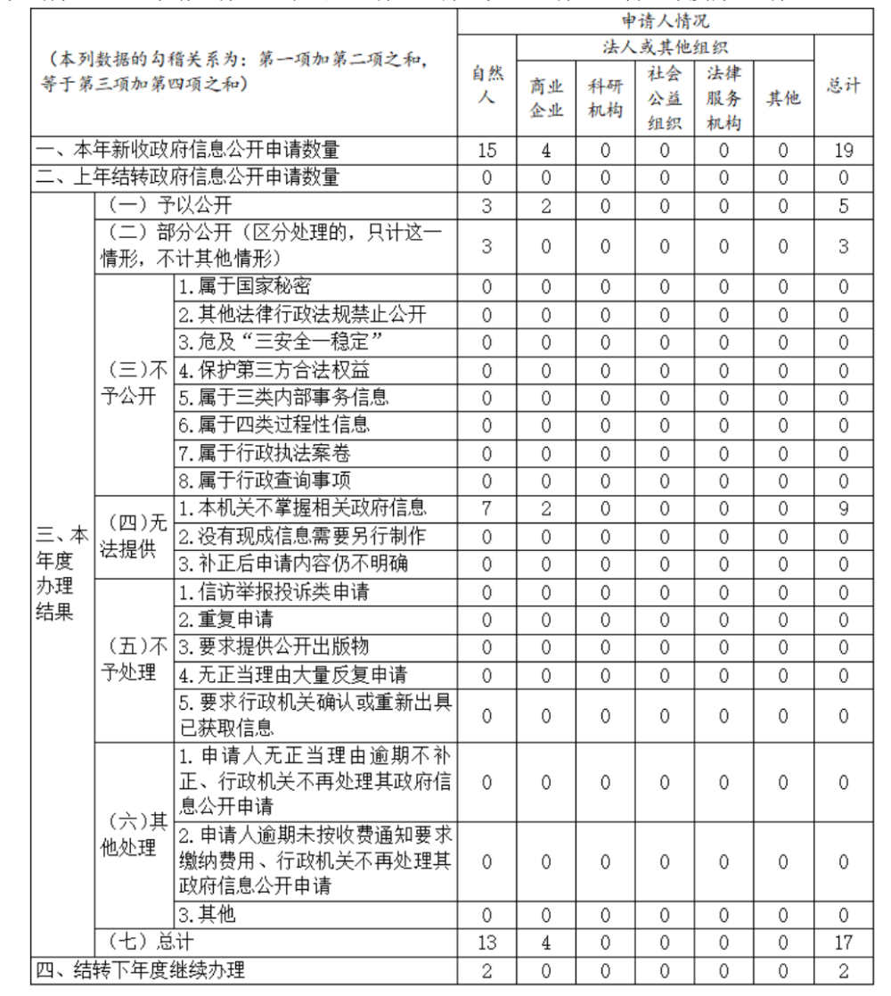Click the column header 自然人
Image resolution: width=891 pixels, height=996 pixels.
pyautogui.click(x=482, y=86)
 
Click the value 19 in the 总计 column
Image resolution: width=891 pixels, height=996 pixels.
pyautogui.click(x=845, y=151)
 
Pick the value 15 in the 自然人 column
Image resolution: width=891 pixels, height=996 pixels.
pyautogui.click(x=482, y=151)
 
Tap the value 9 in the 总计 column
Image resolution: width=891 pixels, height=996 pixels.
pyautogui.click(x=845, y=509)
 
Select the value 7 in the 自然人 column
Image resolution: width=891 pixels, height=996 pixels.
pyautogui.click(x=482, y=509)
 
